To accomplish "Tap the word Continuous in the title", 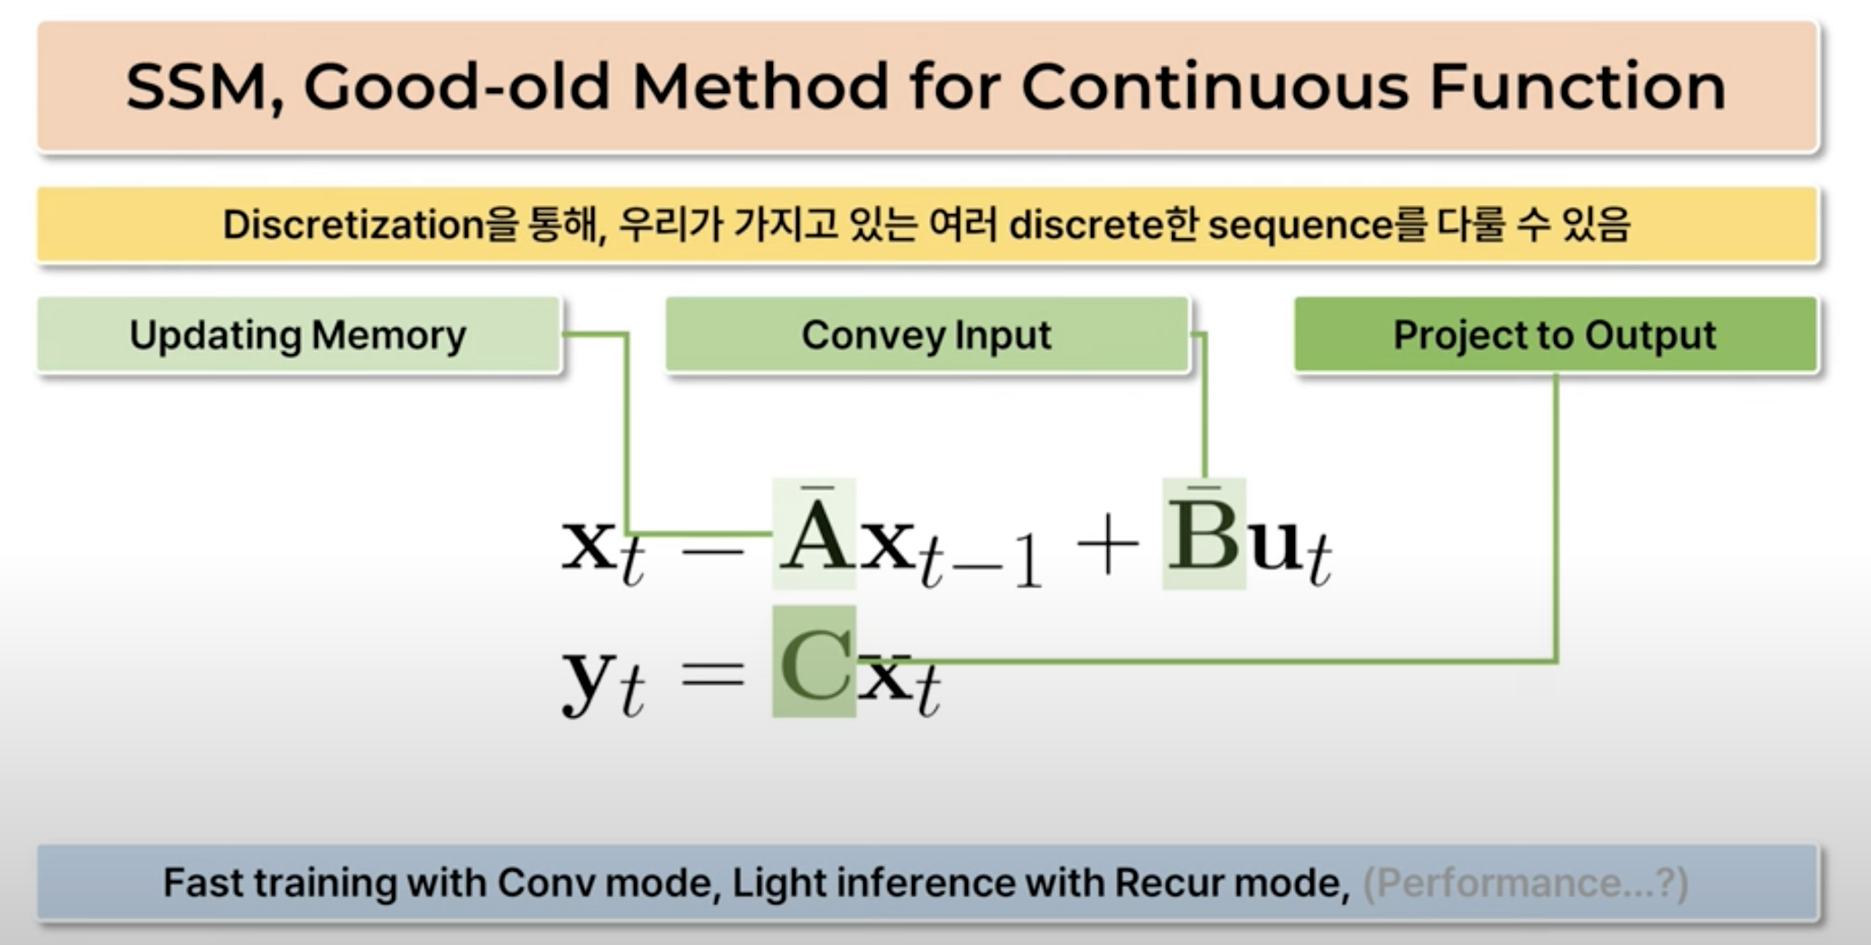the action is [x=1214, y=87].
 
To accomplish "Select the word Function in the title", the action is [x=1578, y=87].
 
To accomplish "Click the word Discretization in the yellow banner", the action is [x=353, y=224].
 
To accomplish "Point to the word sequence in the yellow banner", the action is [x=1300, y=226].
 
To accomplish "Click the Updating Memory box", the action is [x=299, y=335].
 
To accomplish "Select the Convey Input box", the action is [x=926, y=335].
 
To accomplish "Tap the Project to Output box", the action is [x=1555, y=335].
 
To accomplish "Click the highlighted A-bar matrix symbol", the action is [x=814, y=534].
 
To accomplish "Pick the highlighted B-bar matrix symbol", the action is [x=1204, y=534].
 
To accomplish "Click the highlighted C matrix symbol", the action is [x=814, y=662].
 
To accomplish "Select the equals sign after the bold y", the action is [x=712, y=674].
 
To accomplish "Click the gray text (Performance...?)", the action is [x=1524, y=884].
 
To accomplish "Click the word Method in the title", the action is [x=760, y=87].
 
